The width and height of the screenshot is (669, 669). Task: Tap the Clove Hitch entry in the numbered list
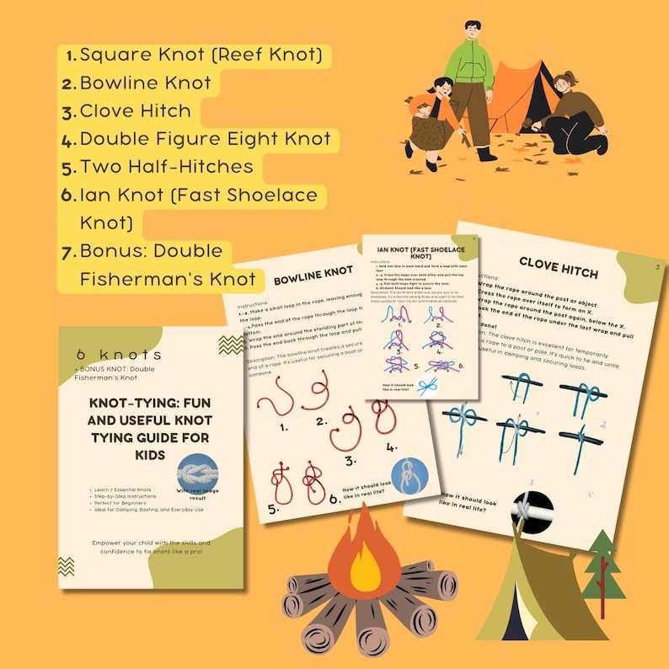135,111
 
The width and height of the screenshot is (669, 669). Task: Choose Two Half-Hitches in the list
166,167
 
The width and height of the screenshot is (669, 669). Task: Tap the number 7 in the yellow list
71,251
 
